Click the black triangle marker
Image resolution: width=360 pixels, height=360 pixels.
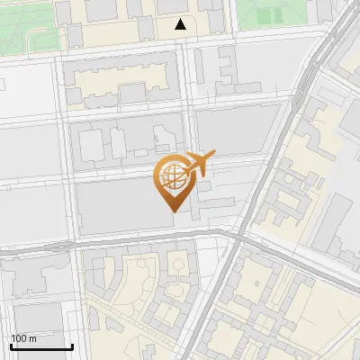pos(181,25)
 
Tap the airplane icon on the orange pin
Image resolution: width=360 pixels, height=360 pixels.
pos(196,165)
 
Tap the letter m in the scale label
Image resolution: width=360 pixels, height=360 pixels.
pos(33,338)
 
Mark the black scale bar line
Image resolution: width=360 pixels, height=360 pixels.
pos(41,346)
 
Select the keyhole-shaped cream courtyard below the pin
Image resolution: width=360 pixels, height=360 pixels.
pos(179,265)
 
